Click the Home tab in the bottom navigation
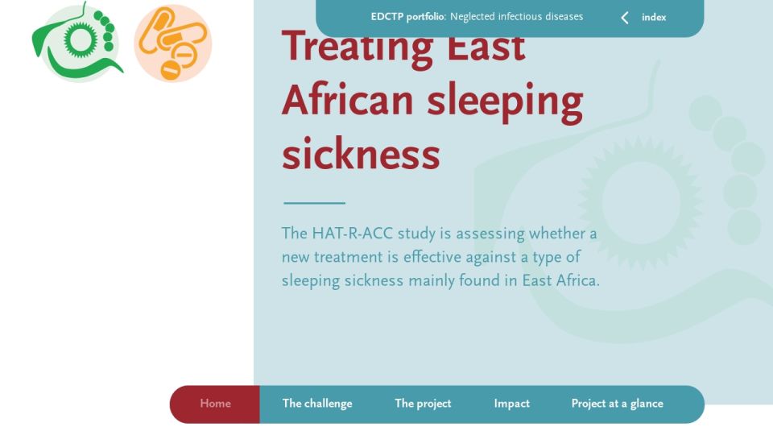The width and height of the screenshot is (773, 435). click(215, 404)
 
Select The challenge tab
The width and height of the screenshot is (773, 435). click(317, 404)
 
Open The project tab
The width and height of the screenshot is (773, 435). click(423, 404)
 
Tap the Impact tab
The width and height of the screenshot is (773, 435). click(512, 404)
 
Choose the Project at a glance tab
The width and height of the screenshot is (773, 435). click(618, 404)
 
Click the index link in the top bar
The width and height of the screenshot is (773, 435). click(654, 17)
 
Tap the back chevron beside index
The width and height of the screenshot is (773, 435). click(625, 18)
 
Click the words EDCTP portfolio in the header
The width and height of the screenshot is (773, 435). click(407, 17)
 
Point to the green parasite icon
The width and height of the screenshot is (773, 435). click(77, 43)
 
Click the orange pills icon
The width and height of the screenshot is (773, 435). click(173, 43)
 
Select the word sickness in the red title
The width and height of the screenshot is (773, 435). click(361, 155)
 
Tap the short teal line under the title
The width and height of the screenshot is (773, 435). click(315, 203)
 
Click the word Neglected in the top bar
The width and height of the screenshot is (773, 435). click(472, 17)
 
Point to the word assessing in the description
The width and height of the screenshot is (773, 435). click(490, 234)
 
